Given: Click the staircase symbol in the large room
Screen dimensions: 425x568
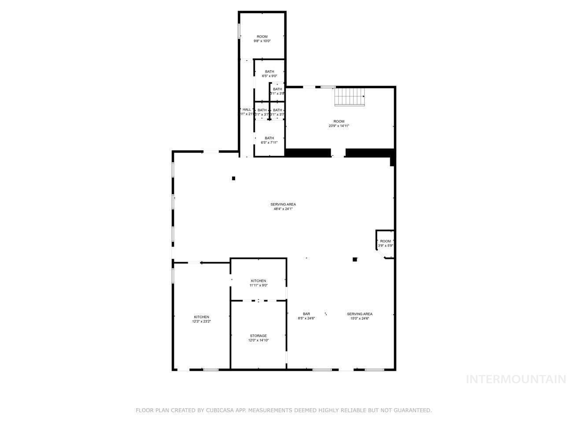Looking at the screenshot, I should (350, 97).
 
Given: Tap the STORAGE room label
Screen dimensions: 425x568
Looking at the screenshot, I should (258, 336).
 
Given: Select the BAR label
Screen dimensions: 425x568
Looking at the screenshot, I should (306, 314).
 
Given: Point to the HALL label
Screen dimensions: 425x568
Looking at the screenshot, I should (247, 109).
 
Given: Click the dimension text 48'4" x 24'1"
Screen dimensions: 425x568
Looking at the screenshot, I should (283, 209).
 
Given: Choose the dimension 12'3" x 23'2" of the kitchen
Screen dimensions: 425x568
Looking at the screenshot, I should (201, 321).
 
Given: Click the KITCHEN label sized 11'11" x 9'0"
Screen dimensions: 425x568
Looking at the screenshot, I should (258, 281).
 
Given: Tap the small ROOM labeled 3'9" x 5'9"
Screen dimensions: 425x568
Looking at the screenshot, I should (385, 241).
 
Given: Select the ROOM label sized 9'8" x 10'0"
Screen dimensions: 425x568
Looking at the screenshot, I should (262, 36).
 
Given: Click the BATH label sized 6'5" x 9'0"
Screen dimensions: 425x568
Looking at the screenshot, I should (269, 72).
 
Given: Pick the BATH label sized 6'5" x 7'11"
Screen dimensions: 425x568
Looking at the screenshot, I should (269, 138).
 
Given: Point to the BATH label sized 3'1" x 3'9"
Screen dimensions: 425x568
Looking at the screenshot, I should (277, 89).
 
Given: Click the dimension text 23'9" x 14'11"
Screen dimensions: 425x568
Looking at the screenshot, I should (339, 126).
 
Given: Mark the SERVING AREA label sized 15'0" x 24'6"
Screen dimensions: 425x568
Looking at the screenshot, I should (360, 314).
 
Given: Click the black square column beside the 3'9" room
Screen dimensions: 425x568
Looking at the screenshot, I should (354, 259).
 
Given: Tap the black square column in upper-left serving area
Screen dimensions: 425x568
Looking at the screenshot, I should (233, 178).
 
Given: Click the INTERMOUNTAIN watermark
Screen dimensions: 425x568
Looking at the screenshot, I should (516, 379).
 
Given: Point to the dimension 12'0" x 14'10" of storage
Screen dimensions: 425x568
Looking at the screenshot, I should (258, 340).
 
